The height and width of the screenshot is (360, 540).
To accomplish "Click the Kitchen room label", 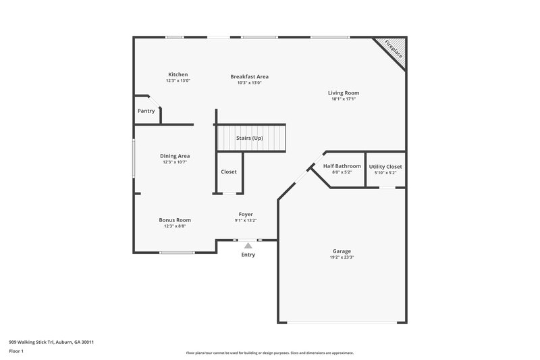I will [178, 74].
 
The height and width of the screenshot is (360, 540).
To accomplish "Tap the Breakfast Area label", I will [249, 76].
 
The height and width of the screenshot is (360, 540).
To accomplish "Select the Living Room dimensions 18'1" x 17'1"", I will [343, 99].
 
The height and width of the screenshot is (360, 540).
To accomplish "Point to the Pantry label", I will [146, 111].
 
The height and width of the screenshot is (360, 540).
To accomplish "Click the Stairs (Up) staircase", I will [250, 138].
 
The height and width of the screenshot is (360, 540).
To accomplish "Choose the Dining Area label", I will [174, 156].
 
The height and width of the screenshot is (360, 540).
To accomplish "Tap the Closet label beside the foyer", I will [229, 172].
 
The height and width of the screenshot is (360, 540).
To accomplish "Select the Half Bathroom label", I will [342, 166].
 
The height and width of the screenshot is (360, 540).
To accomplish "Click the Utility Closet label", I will [385, 166].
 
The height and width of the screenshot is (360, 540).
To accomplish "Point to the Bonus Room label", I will [174, 220].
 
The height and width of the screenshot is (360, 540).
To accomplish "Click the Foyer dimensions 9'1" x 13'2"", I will [246, 220].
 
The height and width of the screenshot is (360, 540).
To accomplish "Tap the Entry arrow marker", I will [248, 246].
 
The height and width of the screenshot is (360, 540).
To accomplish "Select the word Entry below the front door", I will [248, 255].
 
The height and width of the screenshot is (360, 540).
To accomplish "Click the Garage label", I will [342, 251].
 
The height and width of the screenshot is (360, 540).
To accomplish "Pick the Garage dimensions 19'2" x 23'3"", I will [342, 257].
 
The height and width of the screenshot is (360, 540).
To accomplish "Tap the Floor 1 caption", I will [16, 351].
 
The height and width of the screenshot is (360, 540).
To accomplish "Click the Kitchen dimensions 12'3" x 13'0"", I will [178, 80].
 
